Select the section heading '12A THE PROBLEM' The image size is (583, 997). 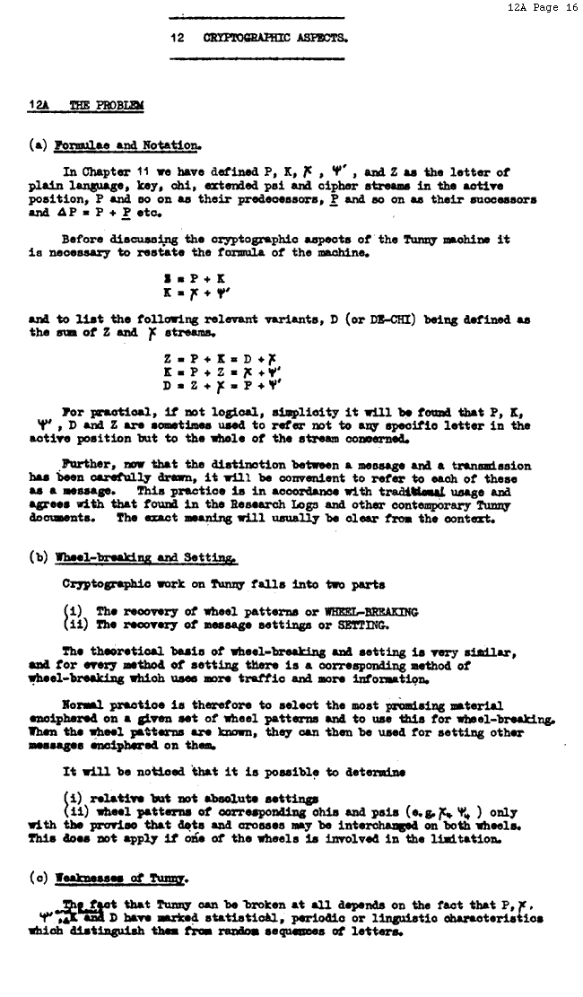(86, 106)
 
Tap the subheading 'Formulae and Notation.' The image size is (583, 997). (127, 144)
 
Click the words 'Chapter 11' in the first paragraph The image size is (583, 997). (114, 172)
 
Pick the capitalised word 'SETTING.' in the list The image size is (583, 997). (359, 625)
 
